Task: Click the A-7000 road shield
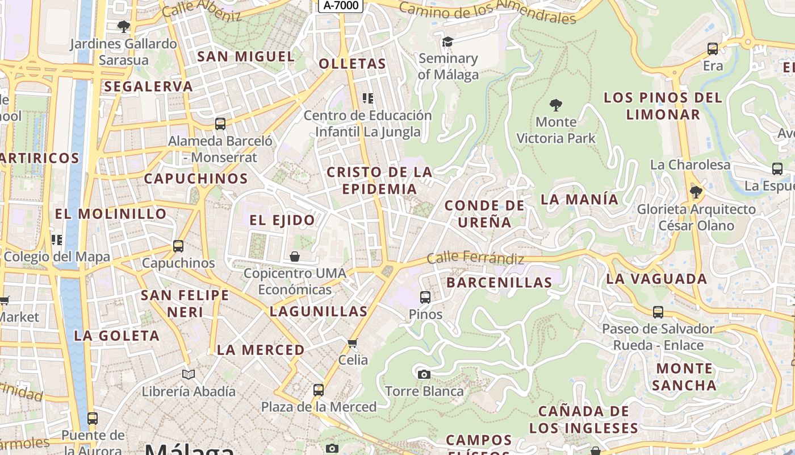[x=341, y=5]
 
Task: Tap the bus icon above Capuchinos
[x=178, y=246]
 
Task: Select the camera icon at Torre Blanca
[x=424, y=374]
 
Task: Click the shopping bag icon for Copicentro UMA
[x=295, y=257]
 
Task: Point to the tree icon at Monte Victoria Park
[x=556, y=105]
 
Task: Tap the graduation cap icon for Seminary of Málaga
[x=447, y=42]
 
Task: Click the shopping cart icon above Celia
[x=353, y=343]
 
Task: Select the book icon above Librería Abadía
[x=189, y=374]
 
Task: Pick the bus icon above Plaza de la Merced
[x=319, y=390]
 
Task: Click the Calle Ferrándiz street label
[x=476, y=258]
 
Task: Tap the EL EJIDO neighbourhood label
[x=282, y=220]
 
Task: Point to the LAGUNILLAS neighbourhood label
[x=319, y=311]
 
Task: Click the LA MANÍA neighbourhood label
[x=579, y=199]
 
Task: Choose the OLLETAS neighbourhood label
[x=352, y=64]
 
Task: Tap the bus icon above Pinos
[x=425, y=297]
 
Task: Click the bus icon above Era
[x=713, y=49]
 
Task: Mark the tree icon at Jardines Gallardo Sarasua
[x=123, y=26]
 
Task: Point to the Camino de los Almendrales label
[x=487, y=13]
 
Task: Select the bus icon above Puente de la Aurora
[x=93, y=419]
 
